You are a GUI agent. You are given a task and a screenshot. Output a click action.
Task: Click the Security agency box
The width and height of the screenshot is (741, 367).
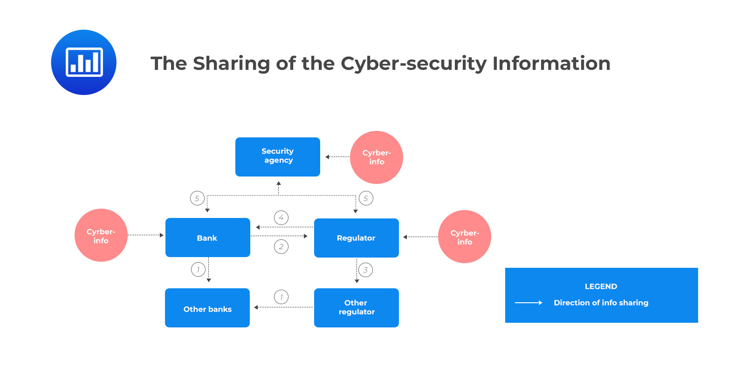pos(277,156)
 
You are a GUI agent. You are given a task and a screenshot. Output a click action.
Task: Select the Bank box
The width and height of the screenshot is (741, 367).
pos(207,238)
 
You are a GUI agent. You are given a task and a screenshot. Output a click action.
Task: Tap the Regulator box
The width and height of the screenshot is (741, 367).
pos(356,238)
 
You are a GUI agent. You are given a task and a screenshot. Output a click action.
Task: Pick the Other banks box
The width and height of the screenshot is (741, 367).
pos(207,308)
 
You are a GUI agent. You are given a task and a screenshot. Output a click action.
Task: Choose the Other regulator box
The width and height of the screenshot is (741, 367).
pos(356,308)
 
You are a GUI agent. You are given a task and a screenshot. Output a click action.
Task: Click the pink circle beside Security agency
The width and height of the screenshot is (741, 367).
pos(377,157)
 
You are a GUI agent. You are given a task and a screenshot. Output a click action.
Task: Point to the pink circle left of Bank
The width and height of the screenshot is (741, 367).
pos(101,235)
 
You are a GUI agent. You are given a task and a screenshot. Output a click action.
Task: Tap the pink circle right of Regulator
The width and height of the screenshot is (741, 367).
pos(464,237)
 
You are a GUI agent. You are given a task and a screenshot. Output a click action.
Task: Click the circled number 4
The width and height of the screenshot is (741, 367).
pos(281,217)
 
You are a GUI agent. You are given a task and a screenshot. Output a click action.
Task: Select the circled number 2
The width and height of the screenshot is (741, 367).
pos(281,246)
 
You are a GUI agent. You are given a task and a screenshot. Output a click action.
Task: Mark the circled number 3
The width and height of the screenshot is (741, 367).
pos(365,270)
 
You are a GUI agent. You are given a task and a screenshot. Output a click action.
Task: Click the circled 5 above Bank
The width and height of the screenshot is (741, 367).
pos(197,198)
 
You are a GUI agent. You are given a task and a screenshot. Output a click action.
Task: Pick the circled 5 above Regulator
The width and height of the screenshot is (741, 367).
pos(366,198)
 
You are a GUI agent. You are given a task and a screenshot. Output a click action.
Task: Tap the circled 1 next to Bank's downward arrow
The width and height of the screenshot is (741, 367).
pos(198,269)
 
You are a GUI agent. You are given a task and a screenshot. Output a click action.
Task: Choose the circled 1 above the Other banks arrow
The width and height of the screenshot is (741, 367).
pos(281,297)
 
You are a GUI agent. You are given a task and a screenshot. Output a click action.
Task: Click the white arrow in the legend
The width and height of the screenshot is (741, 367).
pos(528,303)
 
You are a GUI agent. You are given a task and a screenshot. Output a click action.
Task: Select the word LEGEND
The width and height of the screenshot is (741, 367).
pos(601,286)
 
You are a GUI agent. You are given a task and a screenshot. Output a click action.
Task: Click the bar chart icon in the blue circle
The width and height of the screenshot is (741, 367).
pos(84,62)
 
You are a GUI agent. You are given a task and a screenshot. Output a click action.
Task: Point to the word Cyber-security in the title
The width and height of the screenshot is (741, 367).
pos(413,64)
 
